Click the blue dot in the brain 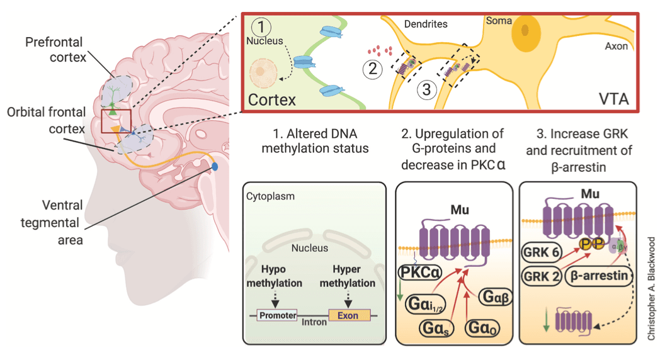point(215,167)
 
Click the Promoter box point(277,315)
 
